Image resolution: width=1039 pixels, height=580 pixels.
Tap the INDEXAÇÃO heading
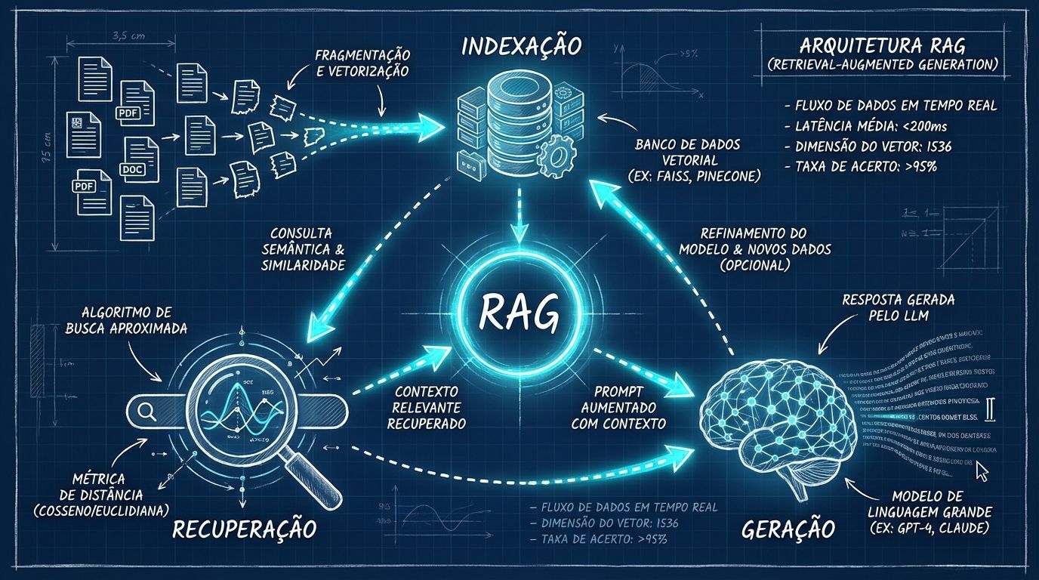(x=521, y=46)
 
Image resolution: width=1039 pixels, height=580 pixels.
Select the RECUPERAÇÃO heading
(x=243, y=528)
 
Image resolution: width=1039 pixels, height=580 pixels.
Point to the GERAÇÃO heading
(x=788, y=528)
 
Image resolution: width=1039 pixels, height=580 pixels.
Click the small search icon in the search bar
(x=146, y=411)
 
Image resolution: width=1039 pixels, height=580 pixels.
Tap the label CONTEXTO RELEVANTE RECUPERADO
(x=427, y=408)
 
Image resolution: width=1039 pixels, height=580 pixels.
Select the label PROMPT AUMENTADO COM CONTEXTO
(x=629, y=408)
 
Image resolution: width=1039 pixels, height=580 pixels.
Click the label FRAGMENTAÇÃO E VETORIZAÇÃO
(x=362, y=63)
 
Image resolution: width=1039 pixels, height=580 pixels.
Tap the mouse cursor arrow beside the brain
(x=982, y=471)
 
